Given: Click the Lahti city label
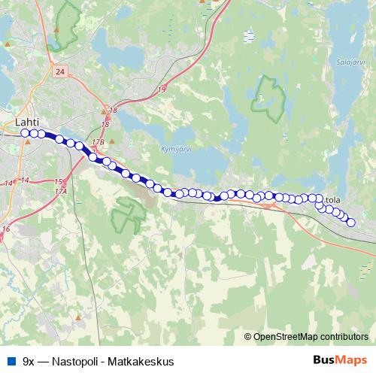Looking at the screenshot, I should tap(26, 119).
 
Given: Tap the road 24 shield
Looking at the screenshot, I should tap(61, 70).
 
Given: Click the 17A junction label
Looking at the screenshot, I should tap(61, 191).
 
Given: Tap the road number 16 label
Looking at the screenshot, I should tap(6, 229).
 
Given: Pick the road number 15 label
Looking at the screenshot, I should tap(59, 181).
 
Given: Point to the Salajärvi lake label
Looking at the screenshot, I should tap(350, 63).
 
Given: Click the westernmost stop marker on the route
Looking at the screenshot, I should tap(25, 133).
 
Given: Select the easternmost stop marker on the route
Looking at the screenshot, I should tap(350, 223).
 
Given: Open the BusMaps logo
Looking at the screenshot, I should tap(340, 359).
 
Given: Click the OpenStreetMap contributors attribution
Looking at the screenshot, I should tap(311, 336).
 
